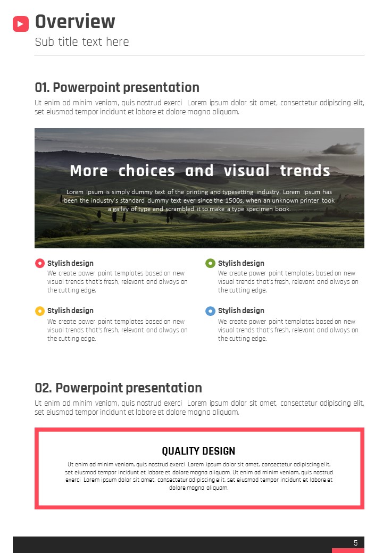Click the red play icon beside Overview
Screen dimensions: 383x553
pyautogui.click(x=20, y=24)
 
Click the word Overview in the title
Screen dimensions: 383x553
pyautogui.click(x=75, y=21)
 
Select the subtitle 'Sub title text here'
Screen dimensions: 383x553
pyautogui.click(x=82, y=42)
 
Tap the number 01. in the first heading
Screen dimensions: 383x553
pyautogui.click(x=43, y=87)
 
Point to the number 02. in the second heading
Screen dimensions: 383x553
pyautogui.click(x=44, y=388)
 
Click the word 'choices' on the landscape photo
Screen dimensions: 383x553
pyautogui.click(x=147, y=171)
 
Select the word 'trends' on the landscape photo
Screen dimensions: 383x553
pyautogui.click(x=305, y=171)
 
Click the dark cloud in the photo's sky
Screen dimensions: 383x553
pyautogui.click(x=340, y=148)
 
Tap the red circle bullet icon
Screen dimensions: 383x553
pyautogui.click(x=40, y=263)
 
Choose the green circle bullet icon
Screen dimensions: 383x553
pyautogui.click(x=210, y=263)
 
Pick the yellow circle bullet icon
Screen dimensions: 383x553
pyautogui.click(x=40, y=311)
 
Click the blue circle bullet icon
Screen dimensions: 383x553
pyautogui.click(x=210, y=311)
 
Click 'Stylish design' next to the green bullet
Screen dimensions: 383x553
pyautogui.click(x=241, y=263)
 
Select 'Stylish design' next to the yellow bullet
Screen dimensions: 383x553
pyautogui.click(x=70, y=311)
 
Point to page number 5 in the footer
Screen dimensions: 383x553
pyautogui.click(x=356, y=543)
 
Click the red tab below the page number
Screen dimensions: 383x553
pyautogui.click(x=348, y=550)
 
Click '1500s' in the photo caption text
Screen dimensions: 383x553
pyautogui.click(x=234, y=200)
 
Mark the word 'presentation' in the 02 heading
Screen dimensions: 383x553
pyautogui.click(x=164, y=388)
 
